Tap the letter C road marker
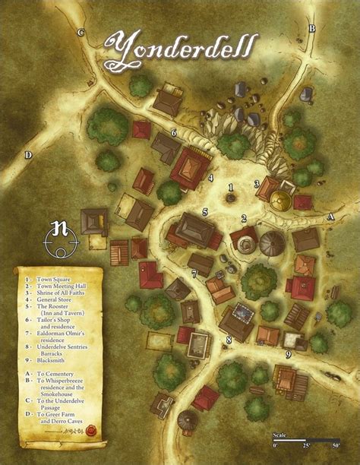pyautogui.click(x=81, y=32)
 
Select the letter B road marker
pyautogui.click(x=311, y=29)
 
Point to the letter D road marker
pyautogui.click(x=28, y=155)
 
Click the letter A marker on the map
pyautogui.click(x=330, y=217)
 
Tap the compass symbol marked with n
pyautogui.click(x=62, y=235)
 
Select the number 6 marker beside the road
pyautogui.click(x=174, y=133)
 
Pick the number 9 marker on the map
pyautogui.click(x=288, y=353)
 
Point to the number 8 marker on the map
pyautogui.click(x=229, y=340)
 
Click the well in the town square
pyautogui.click(x=231, y=198)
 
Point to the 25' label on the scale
pyautogui.click(x=307, y=444)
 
